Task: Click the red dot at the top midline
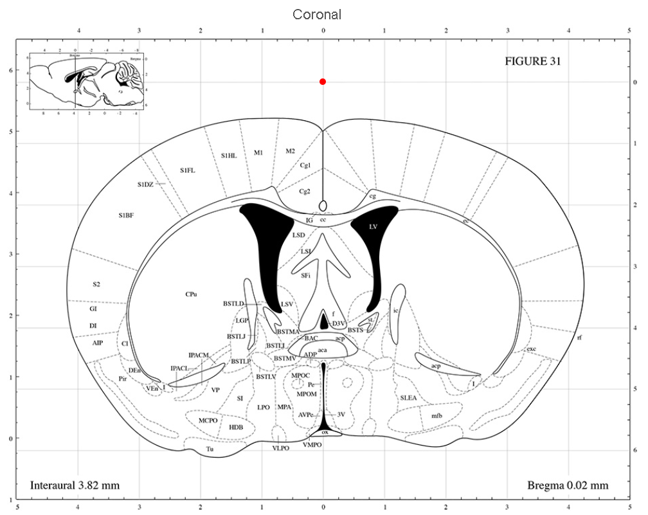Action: tap(323, 82)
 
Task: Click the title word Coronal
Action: tap(317, 14)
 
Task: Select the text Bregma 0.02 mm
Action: tap(568, 485)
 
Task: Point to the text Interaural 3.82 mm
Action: tap(75, 485)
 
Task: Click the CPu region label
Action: tap(191, 294)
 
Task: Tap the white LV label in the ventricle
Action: tap(373, 227)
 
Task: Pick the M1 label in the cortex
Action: tap(258, 152)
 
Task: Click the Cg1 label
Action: tap(306, 165)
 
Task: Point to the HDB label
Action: tap(236, 426)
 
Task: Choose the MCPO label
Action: tap(208, 420)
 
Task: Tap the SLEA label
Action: tap(408, 398)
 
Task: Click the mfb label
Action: tap(437, 415)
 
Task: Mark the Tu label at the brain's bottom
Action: tap(209, 448)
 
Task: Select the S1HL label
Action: tap(229, 155)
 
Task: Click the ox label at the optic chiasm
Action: tap(325, 433)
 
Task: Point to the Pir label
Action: tap(123, 379)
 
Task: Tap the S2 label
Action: tap(96, 284)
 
